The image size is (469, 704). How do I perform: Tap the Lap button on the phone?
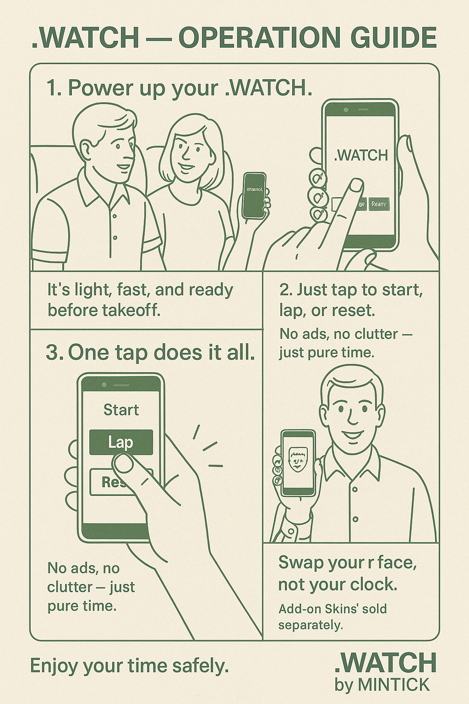tap(120, 442)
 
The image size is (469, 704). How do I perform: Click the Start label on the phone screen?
tap(121, 409)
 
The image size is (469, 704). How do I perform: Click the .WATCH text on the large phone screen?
tap(360, 155)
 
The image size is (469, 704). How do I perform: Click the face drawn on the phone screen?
tap(298, 460)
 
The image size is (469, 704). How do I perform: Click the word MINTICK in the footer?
tap(393, 685)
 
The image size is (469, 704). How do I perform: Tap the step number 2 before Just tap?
tap(285, 290)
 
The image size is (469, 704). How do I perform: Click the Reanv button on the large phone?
tap(379, 204)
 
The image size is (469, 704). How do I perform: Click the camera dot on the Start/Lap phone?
tap(104, 385)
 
